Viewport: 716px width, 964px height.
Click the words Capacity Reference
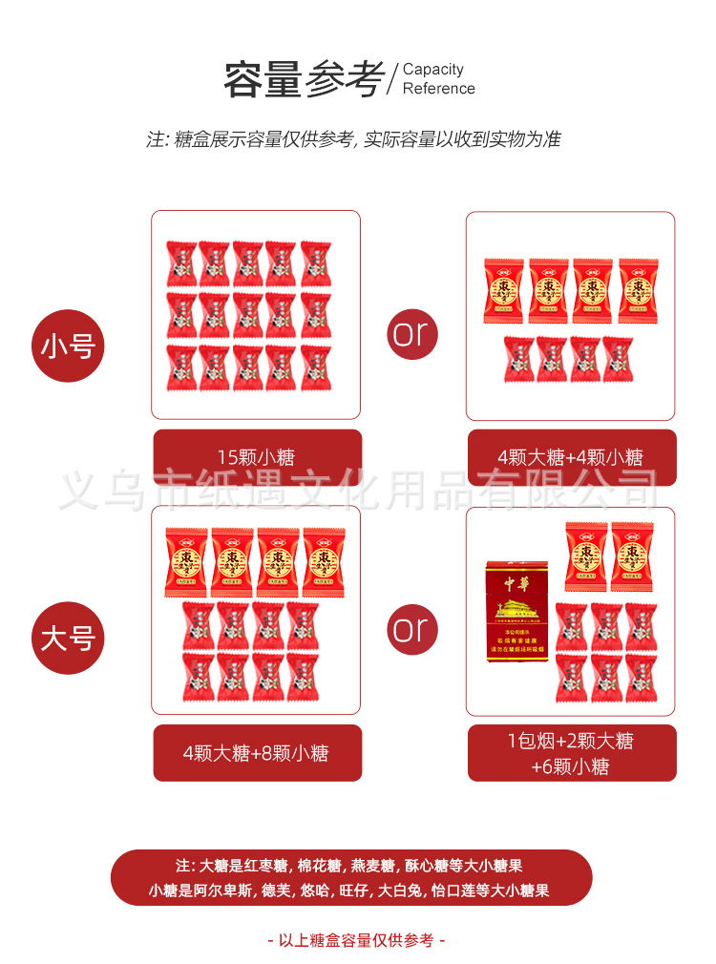[438, 79]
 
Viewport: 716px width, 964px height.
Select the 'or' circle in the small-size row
[412, 333]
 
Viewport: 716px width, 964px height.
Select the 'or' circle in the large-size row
[412, 629]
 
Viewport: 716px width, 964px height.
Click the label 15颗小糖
[257, 457]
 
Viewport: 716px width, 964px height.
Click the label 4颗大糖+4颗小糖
[570, 457]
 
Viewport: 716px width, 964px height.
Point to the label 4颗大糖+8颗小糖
[257, 753]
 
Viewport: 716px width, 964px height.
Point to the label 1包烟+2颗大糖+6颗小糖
[570, 753]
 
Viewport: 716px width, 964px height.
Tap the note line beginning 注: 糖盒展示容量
[353, 139]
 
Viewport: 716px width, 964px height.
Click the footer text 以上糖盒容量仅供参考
[356, 940]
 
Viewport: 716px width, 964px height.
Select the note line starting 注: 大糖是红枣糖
[349, 866]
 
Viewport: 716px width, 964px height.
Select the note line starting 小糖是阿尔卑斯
[349, 891]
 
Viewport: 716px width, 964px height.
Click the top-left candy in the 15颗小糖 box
[181, 262]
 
